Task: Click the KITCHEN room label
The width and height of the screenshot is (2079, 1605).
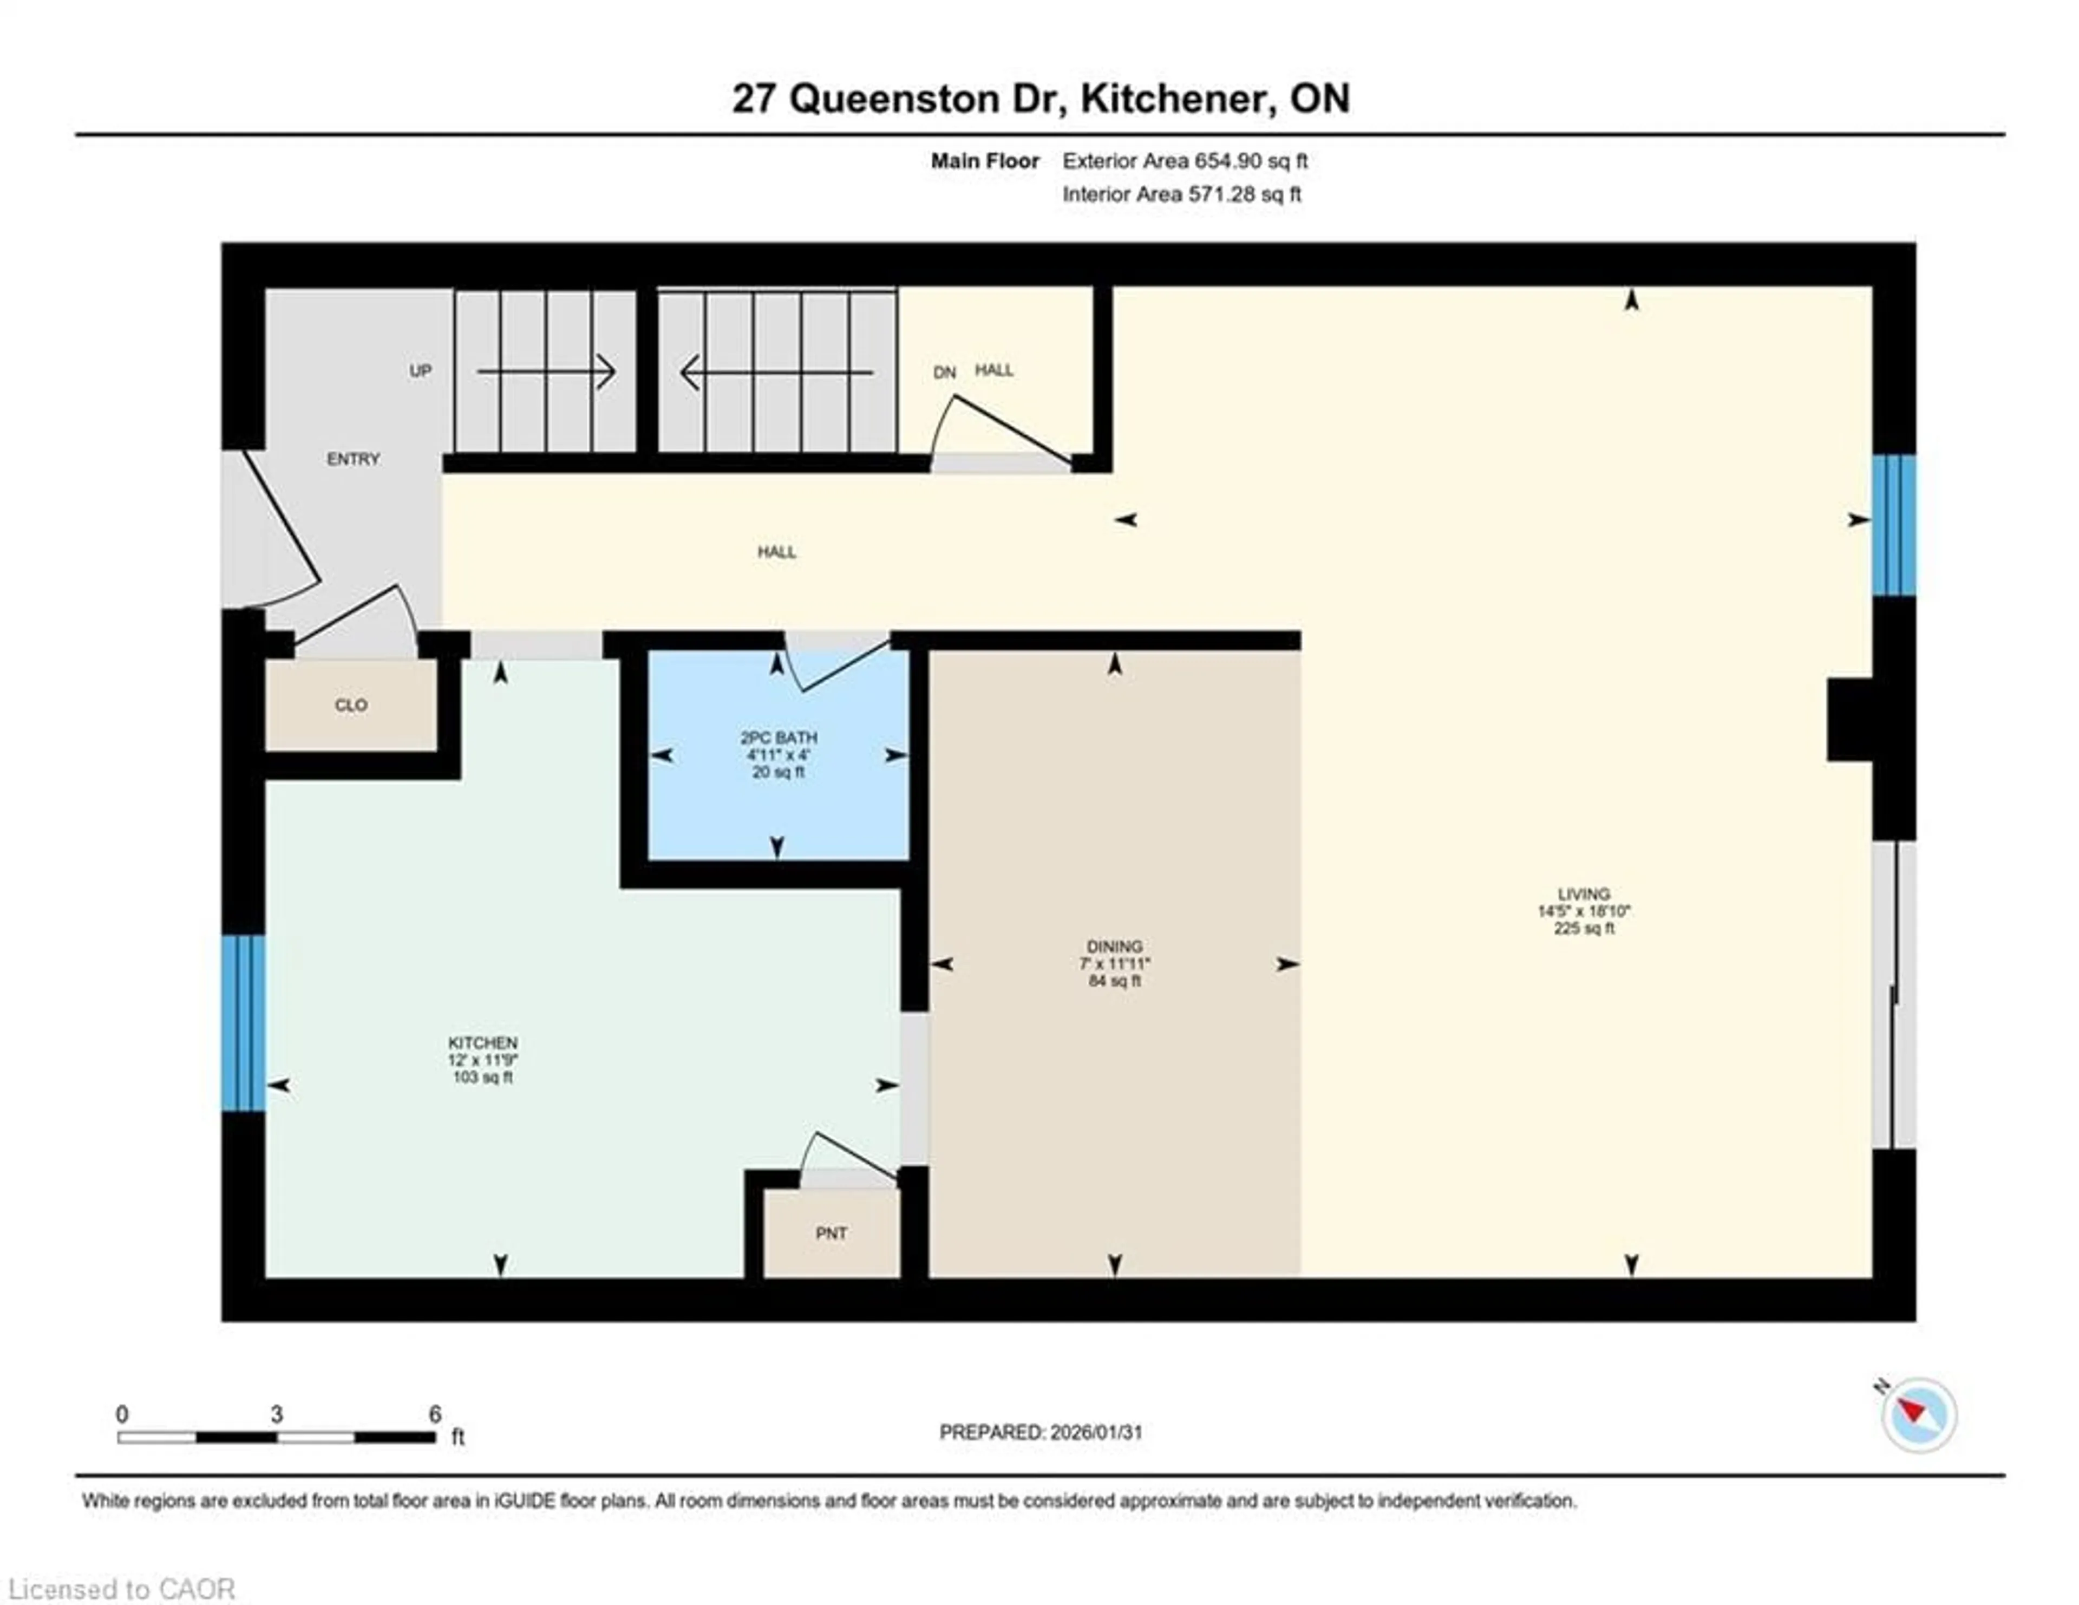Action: tap(482, 1043)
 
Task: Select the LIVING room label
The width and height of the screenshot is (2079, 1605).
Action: tap(1583, 894)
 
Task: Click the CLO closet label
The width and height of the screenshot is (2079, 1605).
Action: tap(350, 706)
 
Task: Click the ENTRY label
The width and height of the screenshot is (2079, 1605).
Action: tap(353, 459)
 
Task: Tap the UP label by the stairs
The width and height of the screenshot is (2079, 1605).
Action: tap(420, 370)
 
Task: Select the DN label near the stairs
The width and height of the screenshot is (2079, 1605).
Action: tap(943, 372)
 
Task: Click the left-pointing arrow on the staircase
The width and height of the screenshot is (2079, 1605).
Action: tap(777, 372)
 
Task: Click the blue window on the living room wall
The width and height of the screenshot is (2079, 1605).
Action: tap(1893, 525)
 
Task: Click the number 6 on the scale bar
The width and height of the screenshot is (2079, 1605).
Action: tap(435, 1414)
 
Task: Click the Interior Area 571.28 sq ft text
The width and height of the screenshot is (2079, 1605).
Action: tap(1181, 194)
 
